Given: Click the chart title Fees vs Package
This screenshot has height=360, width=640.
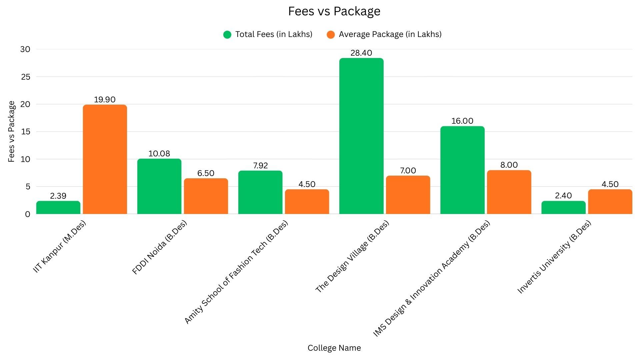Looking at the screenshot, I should pyautogui.click(x=334, y=11).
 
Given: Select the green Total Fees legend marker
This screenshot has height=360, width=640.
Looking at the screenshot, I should pyautogui.click(x=227, y=35).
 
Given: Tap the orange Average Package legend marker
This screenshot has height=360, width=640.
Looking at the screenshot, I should pyautogui.click(x=331, y=35).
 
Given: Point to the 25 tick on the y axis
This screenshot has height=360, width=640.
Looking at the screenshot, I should pyautogui.click(x=25, y=77).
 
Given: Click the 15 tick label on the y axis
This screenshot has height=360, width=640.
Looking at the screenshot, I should pyautogui.click(x=25, y=132).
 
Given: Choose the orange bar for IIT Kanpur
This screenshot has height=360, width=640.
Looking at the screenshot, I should pyautogui.click(x=105, y=159).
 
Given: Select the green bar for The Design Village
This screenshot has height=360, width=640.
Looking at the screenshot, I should pyautogui.click(x=361, y=136).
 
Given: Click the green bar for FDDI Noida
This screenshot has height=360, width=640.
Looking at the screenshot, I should pyautogui.click(x=159, y=186).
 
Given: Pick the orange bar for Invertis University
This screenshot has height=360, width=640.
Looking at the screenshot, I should pyautogui.click(x=610, y=202).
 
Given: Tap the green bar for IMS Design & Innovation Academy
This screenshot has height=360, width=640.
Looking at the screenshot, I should pyautogui.click(x=462, y=170).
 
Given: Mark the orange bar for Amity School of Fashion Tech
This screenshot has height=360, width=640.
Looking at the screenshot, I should pyautogui.click(x=307, y=202).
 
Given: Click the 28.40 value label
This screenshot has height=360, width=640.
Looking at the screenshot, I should pyautogui.click(x=361, y=53).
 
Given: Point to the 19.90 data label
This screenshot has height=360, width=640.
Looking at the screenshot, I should pyautogui.click(x=105, y=100).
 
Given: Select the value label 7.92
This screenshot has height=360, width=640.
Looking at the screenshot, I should pyautogui.click(x=260, y=166).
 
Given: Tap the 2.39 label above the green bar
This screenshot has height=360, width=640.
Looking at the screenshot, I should pyautogui.click(x=58, y=196).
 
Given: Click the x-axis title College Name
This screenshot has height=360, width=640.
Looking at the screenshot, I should pyautogui.click(x=334, y=348).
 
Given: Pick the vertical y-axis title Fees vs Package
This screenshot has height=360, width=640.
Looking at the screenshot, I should pyautogui.click(x=12, y=132).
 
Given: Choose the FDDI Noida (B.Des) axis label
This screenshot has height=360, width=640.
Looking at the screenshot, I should pyautogui.click(x=160, y=247).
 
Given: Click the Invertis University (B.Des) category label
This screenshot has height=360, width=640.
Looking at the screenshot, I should pyautogui.click(x=554, y=257).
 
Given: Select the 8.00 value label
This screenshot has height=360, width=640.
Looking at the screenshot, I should pyautogui.click(x=509, y=165).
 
